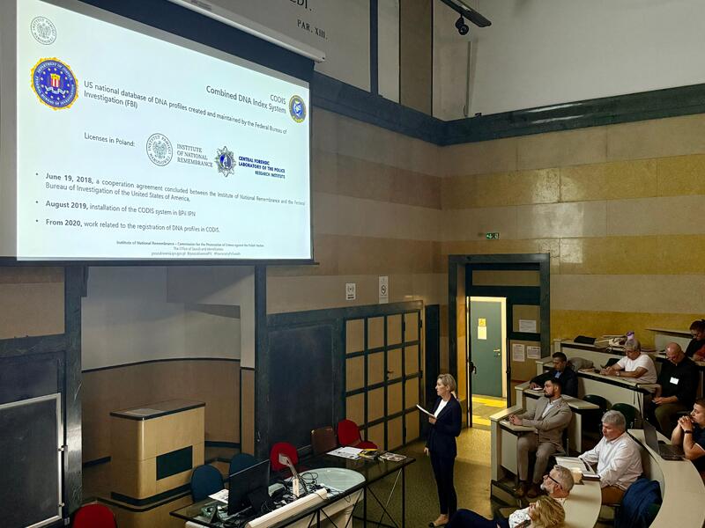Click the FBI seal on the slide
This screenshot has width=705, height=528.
(54, 84)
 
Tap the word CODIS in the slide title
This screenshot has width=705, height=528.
(278, 99)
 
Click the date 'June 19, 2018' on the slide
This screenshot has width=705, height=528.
(70, 178)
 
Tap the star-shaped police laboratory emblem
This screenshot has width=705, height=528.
(226, 160)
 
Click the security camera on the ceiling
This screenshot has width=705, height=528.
(462, 26)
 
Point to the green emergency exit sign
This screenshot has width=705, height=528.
(492, 236)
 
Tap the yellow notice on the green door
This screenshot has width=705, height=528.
(482, 328)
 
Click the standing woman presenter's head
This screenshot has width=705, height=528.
(447, 385)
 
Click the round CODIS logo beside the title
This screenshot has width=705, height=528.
(297, 108)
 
